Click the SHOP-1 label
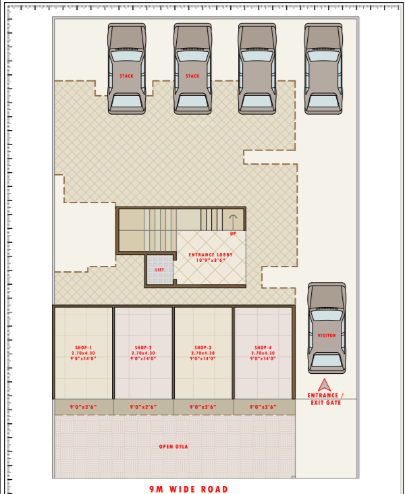pyautogui.click(x=84, y=348)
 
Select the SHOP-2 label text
pyautogui.click(x=143, y=348)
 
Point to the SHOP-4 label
pyautogui.click(x=263, y=348)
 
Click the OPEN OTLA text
pyautogui.click(x=173, y=447)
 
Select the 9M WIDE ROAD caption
pyautogui.click(x=189, y=489)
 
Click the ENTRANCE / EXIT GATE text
pyautogui.click(x=325, y=399)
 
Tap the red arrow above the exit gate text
pyautogui.click(x=325, y=385)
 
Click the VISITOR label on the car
pyautogui.click(x=327, y=335)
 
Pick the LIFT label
pyautogui.click(x=159, y=270)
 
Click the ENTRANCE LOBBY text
pyautogui.click(x=211, y=254)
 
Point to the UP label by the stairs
pyautogui.click(x=233, y=234)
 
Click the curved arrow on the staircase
pyautogui.click(x=233, y=220)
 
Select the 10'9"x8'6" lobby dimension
pyautogui.click(x=211, y=260)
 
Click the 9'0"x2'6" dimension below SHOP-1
pyautogui.click(x=84, y=407)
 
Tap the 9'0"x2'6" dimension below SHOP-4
pyautogui.click(x=264, y=407)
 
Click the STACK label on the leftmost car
pyautogui.click(x=126, y=76)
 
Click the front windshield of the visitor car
pyautogui.click(x=327, y=315)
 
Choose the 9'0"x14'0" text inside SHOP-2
pyautogui.click(x=143, y=358)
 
